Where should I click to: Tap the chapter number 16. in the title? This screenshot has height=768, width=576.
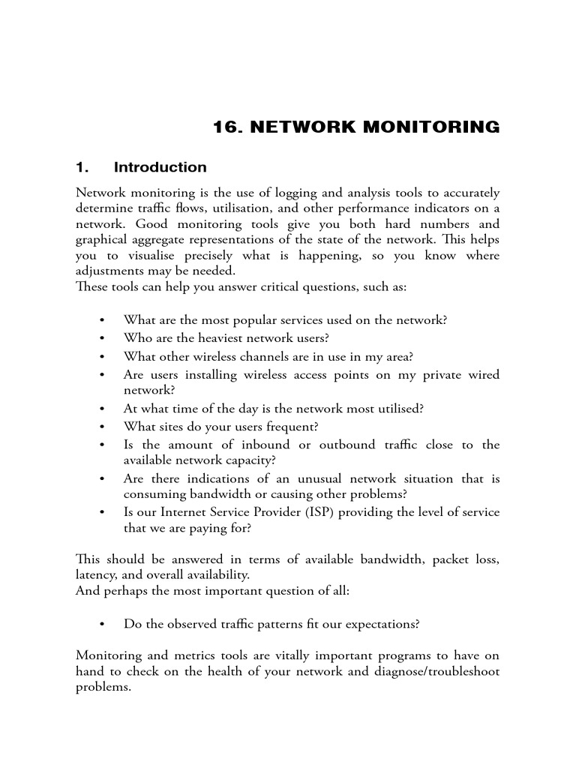tap(228, 127)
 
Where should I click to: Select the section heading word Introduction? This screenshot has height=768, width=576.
tap(160, 167)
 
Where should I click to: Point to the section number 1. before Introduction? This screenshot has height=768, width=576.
tap(83, 167)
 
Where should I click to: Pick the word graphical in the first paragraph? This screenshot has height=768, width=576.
tap(101, 240)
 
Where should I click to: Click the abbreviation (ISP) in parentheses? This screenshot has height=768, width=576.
tap(323, 512)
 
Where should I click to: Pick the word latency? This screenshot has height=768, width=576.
tap(95, 574)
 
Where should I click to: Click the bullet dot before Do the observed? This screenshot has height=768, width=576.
tap(101, 624)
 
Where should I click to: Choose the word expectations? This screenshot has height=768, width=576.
tap(383, 624)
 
